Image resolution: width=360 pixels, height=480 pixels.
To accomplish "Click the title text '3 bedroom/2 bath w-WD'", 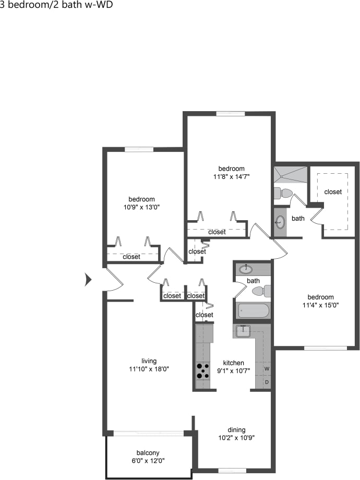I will pyautogui.click(x=56, y=5).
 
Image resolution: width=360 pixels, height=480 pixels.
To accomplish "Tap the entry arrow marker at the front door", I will pyautogui.click(x=88, y=280).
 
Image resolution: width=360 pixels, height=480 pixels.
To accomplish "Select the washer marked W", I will pyautogui.click(x=266, y=369).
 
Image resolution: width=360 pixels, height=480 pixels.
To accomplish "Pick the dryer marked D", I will pyautogui.click(x=266, y=382).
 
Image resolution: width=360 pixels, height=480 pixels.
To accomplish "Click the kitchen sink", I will pyautogui.click(x=243, y=330).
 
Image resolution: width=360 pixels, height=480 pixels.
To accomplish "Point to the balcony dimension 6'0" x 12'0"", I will pyautogui.click(x=148, y=461).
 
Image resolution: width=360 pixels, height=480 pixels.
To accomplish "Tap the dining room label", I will pyautogui.click(x=236, y=429).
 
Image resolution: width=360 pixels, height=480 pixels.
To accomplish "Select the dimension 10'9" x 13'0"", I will pyautogui.click(x=141, y=207).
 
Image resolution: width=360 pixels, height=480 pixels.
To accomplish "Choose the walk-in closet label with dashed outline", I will pyautogui.click(x=333, y=191).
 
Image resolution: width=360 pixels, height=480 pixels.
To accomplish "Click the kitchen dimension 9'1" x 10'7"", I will pyautogui.click(x=233, y=371).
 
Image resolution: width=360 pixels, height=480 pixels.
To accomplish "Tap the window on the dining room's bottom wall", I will pyautogui.click(x=232, y=470).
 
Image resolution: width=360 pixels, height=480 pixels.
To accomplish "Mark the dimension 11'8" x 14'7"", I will pyautogui.click(x=231, y=176).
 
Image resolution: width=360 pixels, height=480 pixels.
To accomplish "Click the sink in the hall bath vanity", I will pyautogui.click(x=246, y=270).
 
